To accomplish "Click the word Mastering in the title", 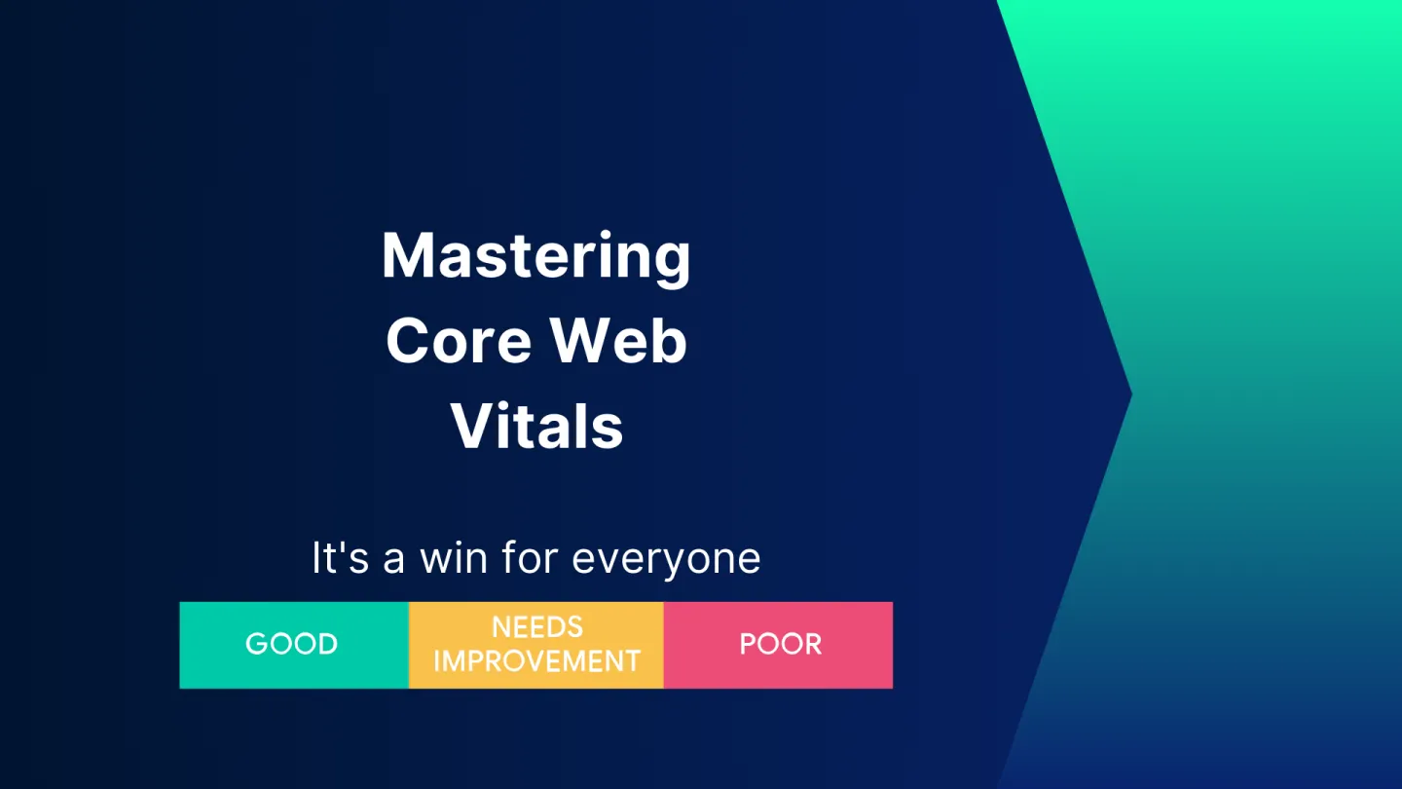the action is coord(536,257).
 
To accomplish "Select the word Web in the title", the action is coord(618,340).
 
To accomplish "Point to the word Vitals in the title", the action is coord(536,426).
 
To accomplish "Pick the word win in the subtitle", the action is coord(454,557).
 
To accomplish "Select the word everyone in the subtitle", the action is coord(666,560).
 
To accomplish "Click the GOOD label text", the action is coord(292,645).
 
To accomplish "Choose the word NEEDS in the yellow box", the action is coord(537,627).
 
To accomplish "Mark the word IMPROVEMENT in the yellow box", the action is coord(537,661).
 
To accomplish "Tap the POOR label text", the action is coord(781,645).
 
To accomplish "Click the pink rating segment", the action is coord(778,645).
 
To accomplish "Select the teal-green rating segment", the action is coord(294,645).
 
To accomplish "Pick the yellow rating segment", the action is coord(536,645).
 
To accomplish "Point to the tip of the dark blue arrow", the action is coord(1131,394).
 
